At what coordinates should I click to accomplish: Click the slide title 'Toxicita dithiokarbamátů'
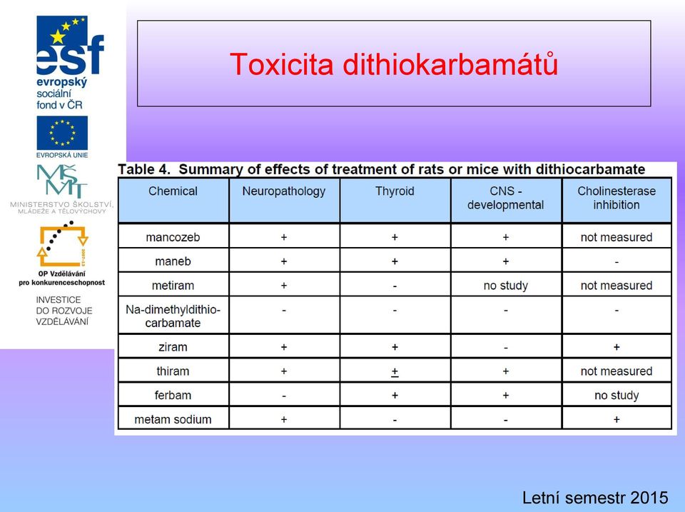394,64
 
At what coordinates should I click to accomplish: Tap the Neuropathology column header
284,191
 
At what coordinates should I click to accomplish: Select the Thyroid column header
395,191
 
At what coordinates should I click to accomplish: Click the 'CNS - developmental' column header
505,198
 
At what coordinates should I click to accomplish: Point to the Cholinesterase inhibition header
616,198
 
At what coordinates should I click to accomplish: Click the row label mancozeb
173,237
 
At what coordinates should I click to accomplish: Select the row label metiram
173,286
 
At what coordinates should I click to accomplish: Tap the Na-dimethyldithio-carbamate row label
173,316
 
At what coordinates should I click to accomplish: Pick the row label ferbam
173,396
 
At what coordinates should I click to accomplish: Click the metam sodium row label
173,419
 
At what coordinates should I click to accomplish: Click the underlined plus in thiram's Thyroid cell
395,371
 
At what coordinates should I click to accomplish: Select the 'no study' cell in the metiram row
505,286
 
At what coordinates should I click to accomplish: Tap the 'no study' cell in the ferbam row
616,396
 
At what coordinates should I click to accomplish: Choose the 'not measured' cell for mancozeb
616,237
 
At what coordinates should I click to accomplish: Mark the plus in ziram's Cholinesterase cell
616,347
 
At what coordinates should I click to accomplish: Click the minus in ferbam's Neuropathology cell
284,396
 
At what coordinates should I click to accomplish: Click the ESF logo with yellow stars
70,46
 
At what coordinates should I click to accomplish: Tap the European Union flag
62,133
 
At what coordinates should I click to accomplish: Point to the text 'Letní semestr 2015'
595,498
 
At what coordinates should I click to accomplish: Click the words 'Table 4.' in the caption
144,169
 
